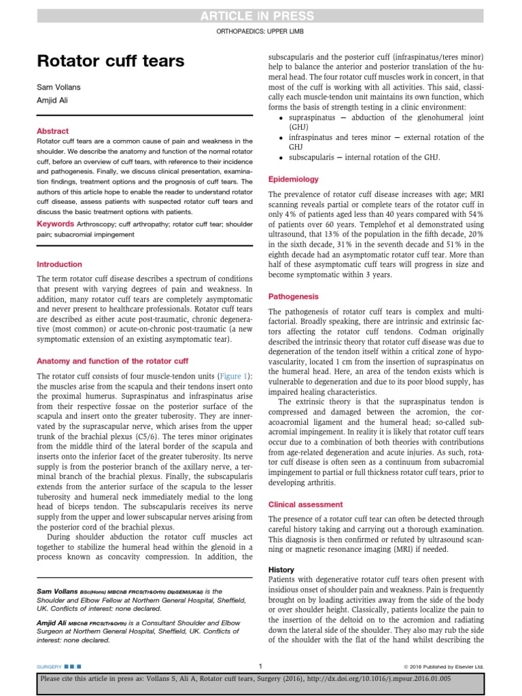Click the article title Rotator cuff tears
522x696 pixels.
[x=110, y=62]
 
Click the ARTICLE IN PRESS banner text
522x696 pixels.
[x=261, y=16]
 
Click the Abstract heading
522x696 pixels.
[x=52, y=131]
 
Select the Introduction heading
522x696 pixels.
[x=59, y=264]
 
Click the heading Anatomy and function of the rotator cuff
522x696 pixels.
[x=112, y=361]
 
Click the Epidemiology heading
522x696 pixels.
[x=294, y=179]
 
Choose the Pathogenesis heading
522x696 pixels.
[x=294, y=296]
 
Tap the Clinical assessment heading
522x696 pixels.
[x=306, y=504]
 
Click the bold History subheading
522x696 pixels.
[x=281, y=570]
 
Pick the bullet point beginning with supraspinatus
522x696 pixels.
[x=381, y=117]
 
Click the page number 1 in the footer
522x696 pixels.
[x=260, y=666]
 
